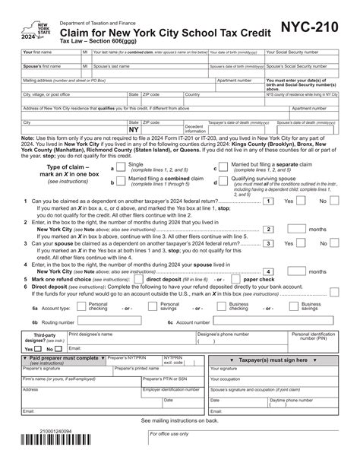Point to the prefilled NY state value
[134, 129]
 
